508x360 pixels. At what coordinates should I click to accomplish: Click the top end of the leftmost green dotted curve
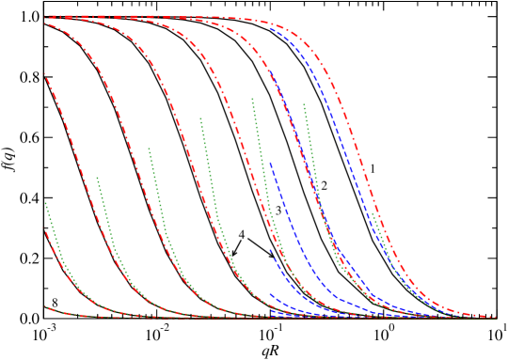pyautogui.click(x=45, y=202)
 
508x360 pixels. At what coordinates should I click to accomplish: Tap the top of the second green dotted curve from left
pyautogui.click(x=97, y=177)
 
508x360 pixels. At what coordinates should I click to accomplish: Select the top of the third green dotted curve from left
pyautogui.click(x=149, y=148)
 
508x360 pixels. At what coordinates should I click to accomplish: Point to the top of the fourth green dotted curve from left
pyautogui.click(x=200, y=117)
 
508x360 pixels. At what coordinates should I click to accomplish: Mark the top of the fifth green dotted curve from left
pyautogui.click(x=252, y=98)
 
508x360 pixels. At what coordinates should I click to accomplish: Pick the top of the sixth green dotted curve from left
pyautogui.click(x=304, y=103)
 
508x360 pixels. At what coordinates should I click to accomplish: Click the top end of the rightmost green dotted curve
pyautogui.click(x=373, y=214)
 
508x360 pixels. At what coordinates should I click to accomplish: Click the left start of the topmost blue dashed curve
pyautogui.click(x=270, y=28)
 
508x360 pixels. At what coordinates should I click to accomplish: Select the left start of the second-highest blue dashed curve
pyautogui.click(x=270, y=70)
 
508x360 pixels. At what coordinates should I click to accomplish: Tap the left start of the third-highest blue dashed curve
pyautogui.click(x=270, y=162)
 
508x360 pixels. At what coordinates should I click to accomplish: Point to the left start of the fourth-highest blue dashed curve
pyautogui.click(x=270, y=249)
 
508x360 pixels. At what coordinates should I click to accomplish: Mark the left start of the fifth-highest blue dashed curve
pyautogui.click(x=270, y=293)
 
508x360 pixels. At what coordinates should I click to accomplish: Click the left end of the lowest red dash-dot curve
pyautogui.click(x=45, y=306)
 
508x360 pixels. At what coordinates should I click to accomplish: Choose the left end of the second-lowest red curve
pyautogui.click(x=45, y=230)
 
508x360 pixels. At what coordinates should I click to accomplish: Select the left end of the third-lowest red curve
pyautogui.click(x=45, y=74)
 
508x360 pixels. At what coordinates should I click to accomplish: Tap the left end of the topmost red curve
pyautogui.click(x=45, y=16)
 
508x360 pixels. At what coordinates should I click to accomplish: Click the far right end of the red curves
pyautogui.click(x=496, y=317)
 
